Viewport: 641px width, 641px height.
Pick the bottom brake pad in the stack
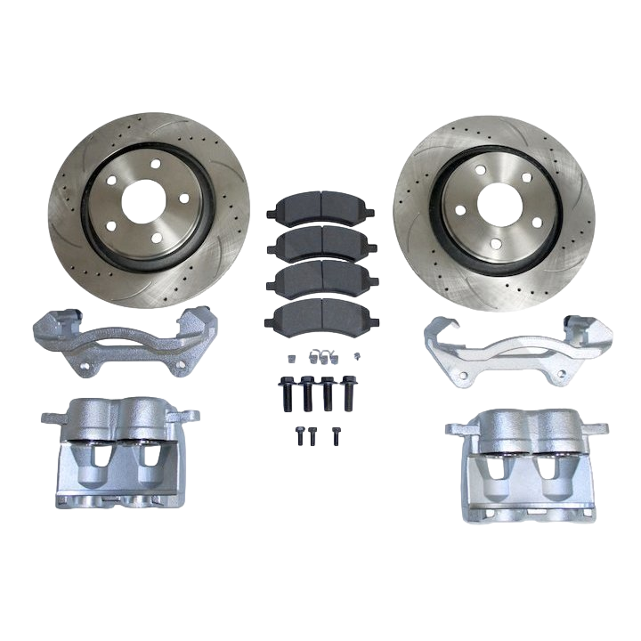(x=321, y=313)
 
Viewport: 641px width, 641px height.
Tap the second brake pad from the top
(x=321, y=247)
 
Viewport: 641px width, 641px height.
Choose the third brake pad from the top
(x=321, y=280)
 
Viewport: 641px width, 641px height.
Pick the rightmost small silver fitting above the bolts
(x=356, y=355)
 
